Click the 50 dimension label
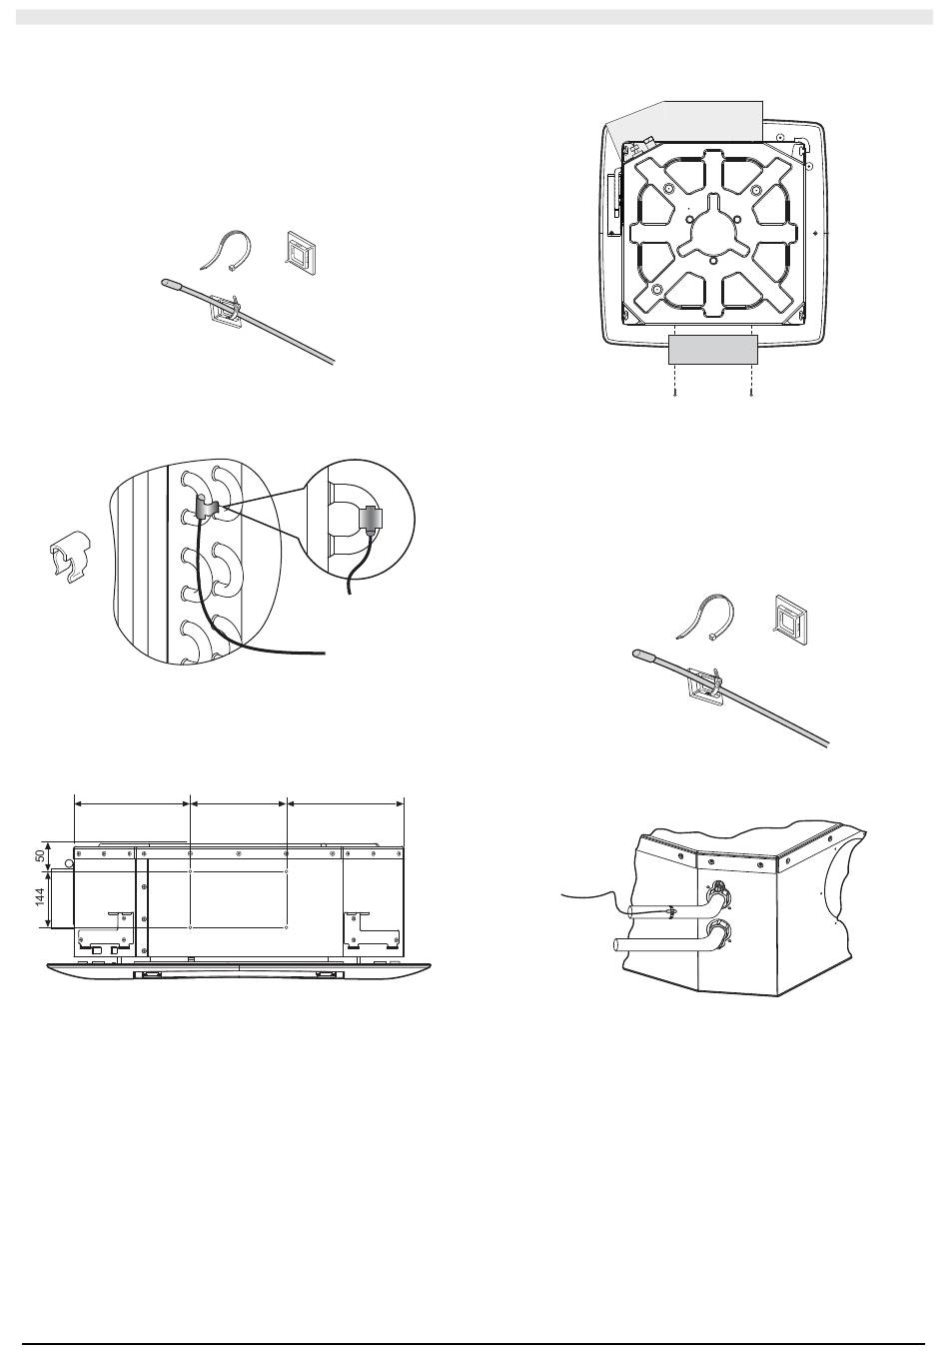point(39,855)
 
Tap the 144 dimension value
point(39,897)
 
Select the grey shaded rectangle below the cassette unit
point(712,349)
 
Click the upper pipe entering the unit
point(666,912)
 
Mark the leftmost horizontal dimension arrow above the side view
point(132,803)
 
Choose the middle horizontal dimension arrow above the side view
point(239,803)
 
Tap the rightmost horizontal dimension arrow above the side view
point(346,803)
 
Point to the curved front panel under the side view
point(239,970)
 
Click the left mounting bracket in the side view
point(106,932)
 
